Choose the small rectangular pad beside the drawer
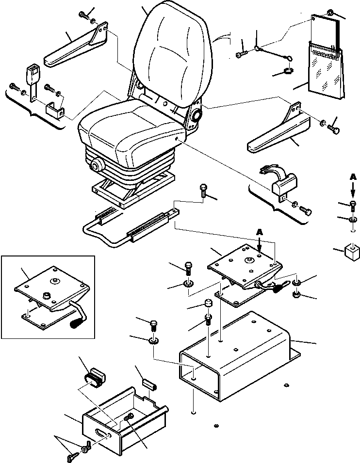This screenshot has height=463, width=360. pos(149,384)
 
